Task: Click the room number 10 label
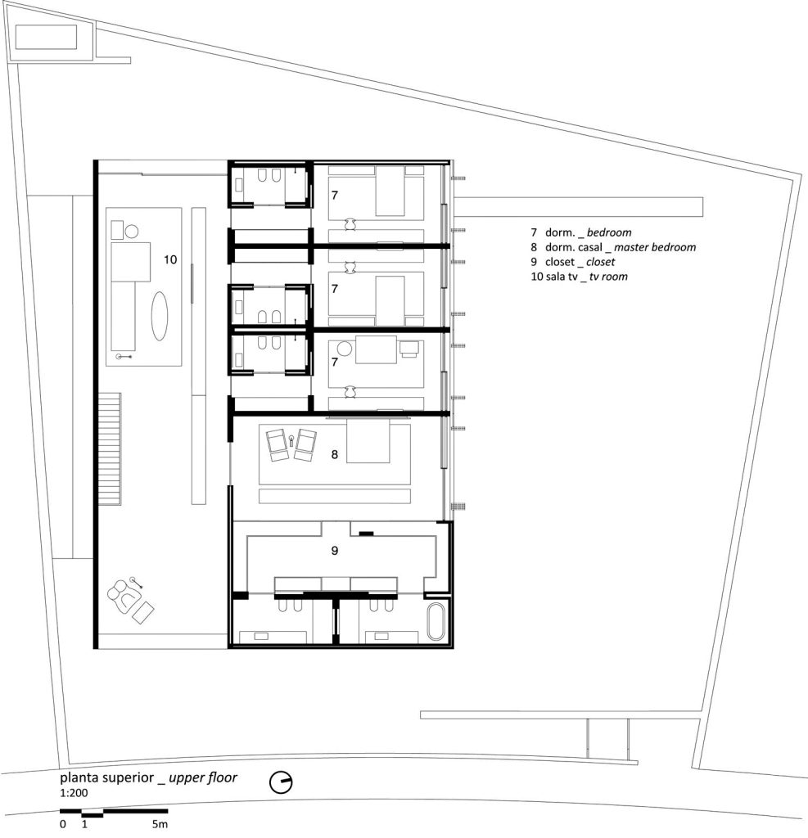pyautogui.click(x=170, y=259)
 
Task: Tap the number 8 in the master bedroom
pyautogui.click(x=335, y=454)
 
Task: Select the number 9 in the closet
pyautogui.click(x=335, y=551)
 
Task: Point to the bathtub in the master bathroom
pyautogui.click(x=436, y=622)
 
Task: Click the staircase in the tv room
pyautogui.click(x=110, y=449)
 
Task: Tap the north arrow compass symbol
pyautogui.click(x=281, y=782)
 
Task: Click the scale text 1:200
pyautogui.click(x=74, y=793)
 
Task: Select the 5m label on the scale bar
pyautogui.click(x=160, y=824)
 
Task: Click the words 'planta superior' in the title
pyautogui.click(x=107, y=777)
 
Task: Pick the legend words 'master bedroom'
pyautogui.click(x=655, y=247)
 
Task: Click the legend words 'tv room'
pyautogui.click(x=608, y=277)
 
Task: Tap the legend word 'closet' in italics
pyautogui.click(x=601, y=262)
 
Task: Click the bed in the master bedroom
pyautogui.click(x=368, y=440)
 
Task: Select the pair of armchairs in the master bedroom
pyautogui.click(x=291, y=444)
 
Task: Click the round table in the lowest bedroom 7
pyautogui.click(x=345, y=349)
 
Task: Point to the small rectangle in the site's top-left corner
pyautogui.click(x=47, y=37)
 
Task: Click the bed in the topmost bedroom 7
pyautogui.click(x=390, y=191)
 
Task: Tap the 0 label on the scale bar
pyautogui.click(x=63, y=824)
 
